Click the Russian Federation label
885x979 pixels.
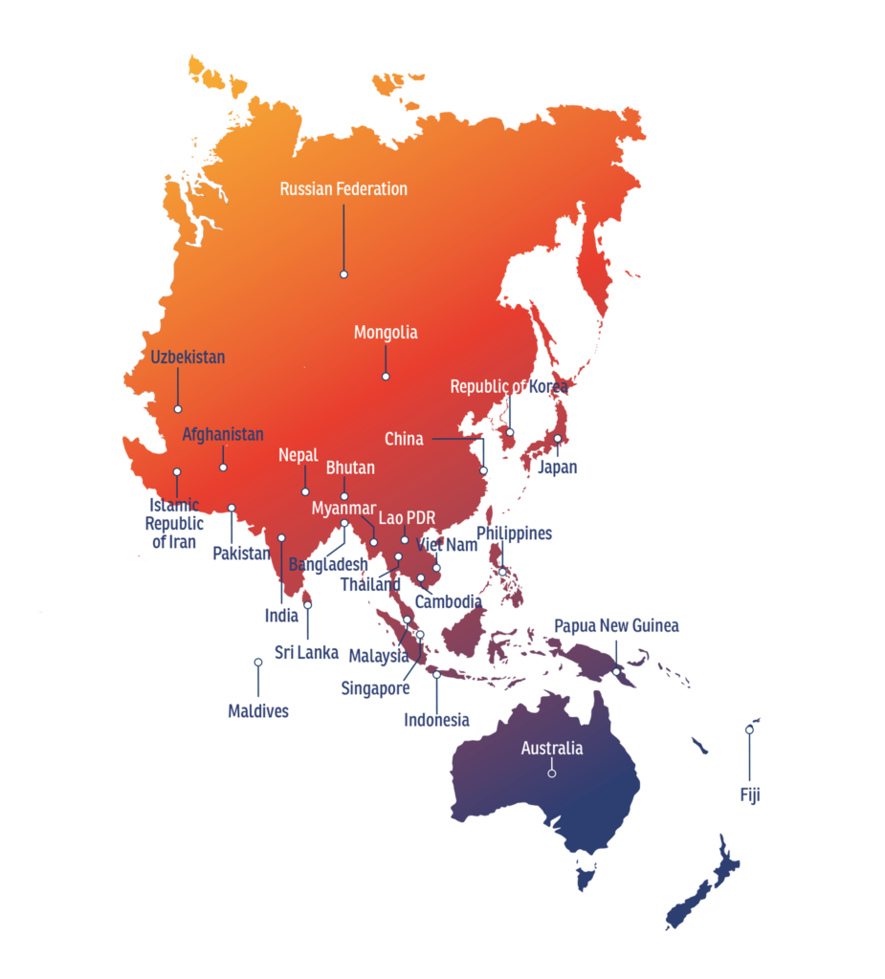click(343, 189)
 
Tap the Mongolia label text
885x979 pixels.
click(386, 333)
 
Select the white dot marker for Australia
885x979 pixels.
click(551, 772)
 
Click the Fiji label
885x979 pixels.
click(749, 795)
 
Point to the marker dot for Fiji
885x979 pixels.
click(749, 729)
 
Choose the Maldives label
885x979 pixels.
click(257, 711)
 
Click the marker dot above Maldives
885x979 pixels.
click(257, 662)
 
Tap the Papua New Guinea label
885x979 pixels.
click(616, 626)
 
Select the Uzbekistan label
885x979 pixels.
click(188, 358)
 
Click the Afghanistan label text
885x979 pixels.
click(223, 435)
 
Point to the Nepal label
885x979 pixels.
click(298, 455)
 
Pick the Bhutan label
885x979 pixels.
click(350, 468)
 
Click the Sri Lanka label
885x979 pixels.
click(306, 653)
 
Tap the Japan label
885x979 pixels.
click(557, 468)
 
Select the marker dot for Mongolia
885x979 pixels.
click(386, 377)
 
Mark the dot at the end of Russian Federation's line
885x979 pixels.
click(343, 274)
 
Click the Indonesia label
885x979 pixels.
click(436, 719)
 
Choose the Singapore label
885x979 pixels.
click(376, 688)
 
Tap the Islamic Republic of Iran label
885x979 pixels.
click(172, 524)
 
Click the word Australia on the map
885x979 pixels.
click(551, 749)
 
